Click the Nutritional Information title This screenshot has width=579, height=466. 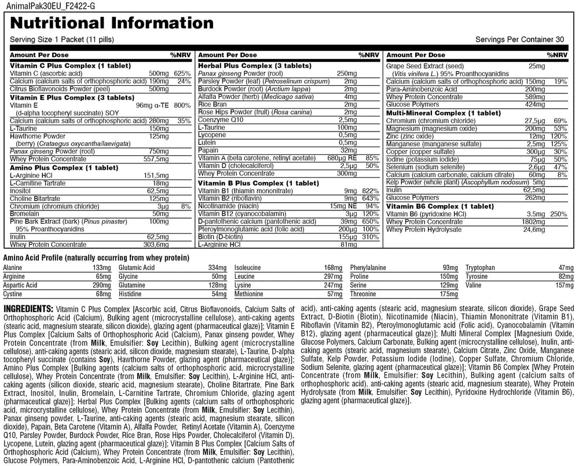coord(112,23)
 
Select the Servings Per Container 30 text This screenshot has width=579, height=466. coord(519,40)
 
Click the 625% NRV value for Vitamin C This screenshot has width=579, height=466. coord(182,74)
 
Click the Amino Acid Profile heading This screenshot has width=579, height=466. coord(97,257)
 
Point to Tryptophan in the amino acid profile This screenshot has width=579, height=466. coord(482,268)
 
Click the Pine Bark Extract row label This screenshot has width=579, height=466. coord(43,221)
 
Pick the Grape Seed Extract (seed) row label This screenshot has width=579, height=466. coord(425,67)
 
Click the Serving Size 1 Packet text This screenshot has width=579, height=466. coord(61,40)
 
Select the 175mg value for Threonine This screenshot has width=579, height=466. coord(449,294)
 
